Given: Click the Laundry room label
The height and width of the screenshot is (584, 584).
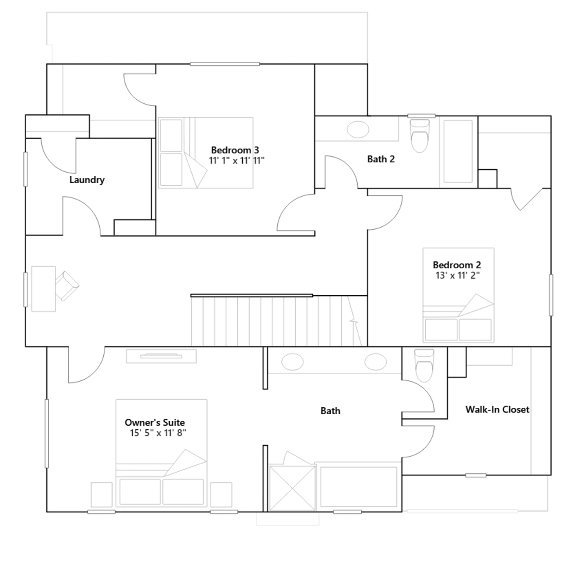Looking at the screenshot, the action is pos(87,180).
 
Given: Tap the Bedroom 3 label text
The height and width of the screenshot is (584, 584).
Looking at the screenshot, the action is pos(235,150).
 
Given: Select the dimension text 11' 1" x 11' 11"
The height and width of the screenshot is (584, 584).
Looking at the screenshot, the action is pos(237,161).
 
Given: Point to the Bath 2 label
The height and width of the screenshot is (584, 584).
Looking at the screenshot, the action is pos(381,159).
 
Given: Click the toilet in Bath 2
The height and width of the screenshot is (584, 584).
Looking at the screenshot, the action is pos(419,135).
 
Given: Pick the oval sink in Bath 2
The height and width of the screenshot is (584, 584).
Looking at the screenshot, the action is pos(358,129).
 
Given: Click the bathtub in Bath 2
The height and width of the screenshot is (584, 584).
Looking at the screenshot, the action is pos(458,151).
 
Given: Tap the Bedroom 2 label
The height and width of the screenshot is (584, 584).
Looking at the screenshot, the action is pos(457,265).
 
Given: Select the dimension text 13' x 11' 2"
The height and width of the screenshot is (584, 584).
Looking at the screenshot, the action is pos(458,276).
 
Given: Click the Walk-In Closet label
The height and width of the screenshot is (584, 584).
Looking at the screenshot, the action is pos(497,410).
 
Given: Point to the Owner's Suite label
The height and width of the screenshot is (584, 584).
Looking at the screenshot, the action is pos(155,422).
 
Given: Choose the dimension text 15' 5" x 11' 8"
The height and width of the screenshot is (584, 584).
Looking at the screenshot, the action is pos(158,433).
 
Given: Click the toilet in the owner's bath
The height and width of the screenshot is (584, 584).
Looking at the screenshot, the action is pos(424,365).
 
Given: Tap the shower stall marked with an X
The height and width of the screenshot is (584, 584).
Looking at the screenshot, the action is pos(292,488).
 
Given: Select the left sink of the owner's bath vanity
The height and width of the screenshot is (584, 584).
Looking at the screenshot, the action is pos(292,362).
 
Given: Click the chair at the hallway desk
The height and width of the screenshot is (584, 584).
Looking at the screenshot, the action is pos(67,286).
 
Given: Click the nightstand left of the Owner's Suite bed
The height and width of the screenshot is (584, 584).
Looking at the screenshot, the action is pos(101,495).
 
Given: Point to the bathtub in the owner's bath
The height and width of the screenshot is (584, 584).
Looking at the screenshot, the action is pos(358,487).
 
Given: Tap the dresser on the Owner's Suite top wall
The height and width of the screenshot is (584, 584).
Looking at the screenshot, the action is pos(161,356).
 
